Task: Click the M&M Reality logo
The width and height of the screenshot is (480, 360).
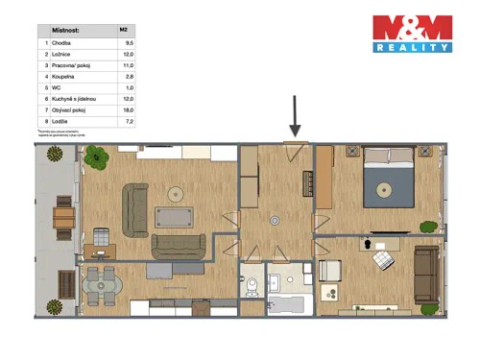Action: click(411, 34)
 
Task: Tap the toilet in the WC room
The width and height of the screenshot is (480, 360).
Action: click(252, 286)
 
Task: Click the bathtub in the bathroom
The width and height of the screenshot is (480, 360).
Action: click(285, 306)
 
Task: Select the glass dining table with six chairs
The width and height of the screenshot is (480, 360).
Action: click(102, 285)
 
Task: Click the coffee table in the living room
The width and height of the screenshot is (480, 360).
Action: click(175, 218)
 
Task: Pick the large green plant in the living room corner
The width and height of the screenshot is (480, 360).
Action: click(96, 158)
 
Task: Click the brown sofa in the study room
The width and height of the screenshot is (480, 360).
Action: click(427, 273)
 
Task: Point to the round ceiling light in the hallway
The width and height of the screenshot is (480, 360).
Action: click(276, 220)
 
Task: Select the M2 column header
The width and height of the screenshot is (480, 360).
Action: click(123, 30)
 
